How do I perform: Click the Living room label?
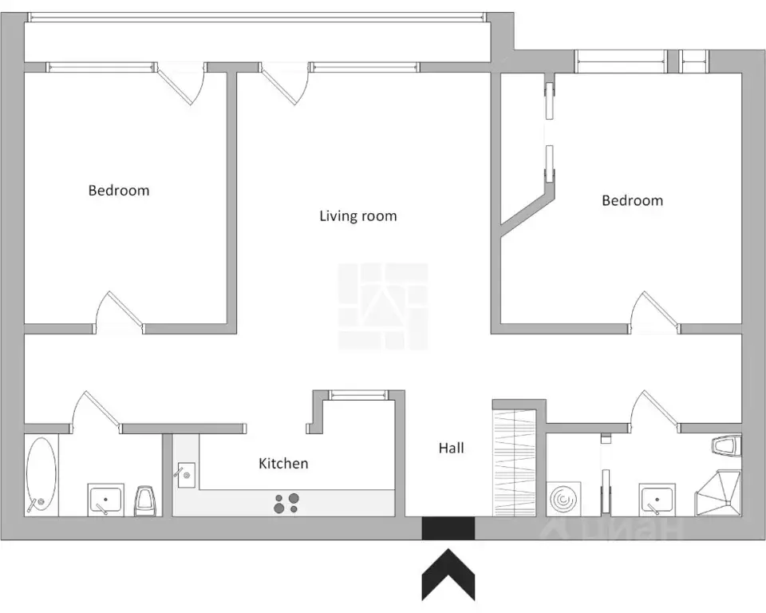358,216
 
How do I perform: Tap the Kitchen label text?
283,464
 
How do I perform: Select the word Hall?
451,448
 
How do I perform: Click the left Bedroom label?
119,190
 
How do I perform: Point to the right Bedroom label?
632,200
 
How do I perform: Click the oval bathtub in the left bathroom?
41,474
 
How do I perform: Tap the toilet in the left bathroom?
145,500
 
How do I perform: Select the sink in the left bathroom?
105,500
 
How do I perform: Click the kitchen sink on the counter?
186,475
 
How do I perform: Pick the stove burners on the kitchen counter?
286,503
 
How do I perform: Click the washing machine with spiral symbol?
565,499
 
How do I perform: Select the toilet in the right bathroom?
726,447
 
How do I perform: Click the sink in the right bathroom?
657,500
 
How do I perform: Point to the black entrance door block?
448,528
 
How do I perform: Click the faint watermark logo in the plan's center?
383,306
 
